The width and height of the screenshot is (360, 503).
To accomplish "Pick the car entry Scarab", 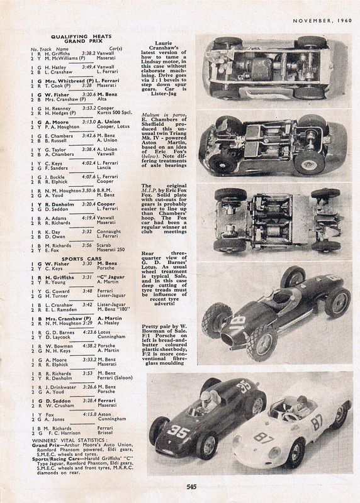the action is click(103, 245).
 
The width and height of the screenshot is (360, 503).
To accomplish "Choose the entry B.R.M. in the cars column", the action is click(103, 189).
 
